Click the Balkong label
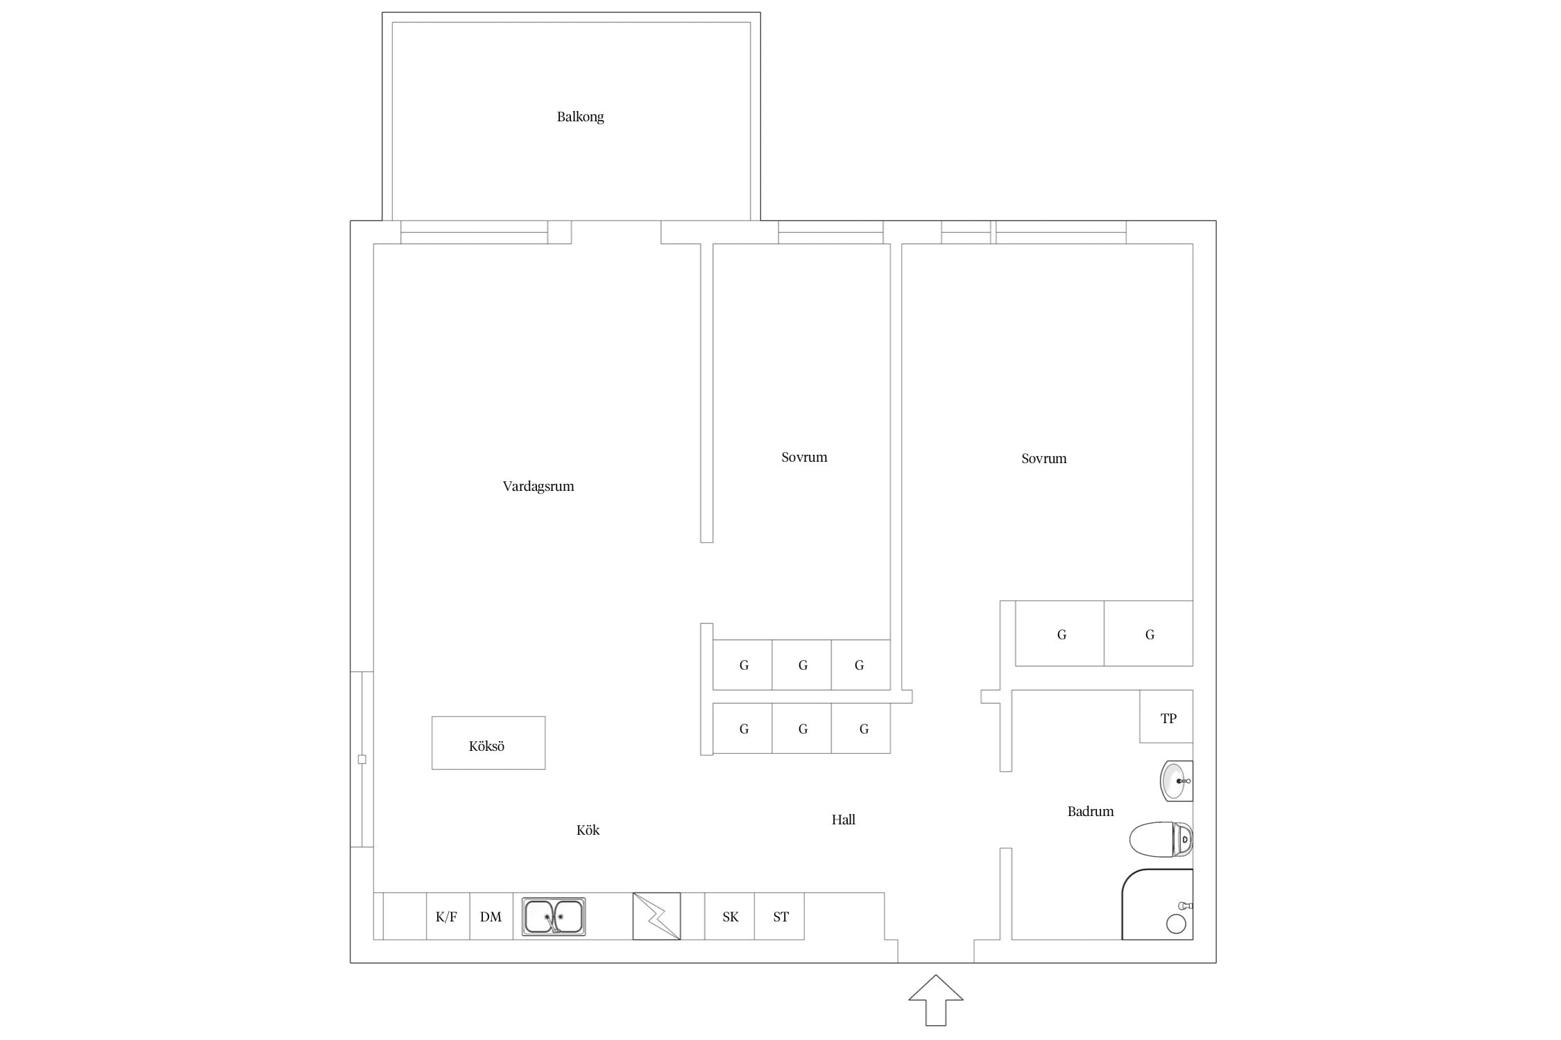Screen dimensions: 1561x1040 (x=580, y=116)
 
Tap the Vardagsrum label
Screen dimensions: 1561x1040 (x=538, y=486)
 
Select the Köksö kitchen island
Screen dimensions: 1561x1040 (x=488, y=743)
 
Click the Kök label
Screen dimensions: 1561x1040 (x=588, y=830)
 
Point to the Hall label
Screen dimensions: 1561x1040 (x=843, y=820)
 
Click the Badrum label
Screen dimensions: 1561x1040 (x=1091, y=811)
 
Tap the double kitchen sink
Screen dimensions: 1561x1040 (x=554, y=917)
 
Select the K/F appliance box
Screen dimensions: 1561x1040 (x=447, y=916)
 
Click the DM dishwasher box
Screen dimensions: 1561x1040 (x=491, y=916)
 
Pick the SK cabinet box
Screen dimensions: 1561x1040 (x=729, y=916)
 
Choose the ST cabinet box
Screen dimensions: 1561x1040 (x=779, y=916)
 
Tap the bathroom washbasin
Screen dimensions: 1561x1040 (x=1176, y=781)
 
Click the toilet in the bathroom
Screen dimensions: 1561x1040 (x=1161, y=840)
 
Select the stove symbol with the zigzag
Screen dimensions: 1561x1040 (x=656, y=916)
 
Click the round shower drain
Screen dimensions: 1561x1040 (x=1176, y=924)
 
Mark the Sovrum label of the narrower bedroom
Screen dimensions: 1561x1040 (x=804, y=457)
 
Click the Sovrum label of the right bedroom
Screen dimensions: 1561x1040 (x=1043, y=458)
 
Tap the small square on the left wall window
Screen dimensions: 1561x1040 (x=361, y=759)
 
